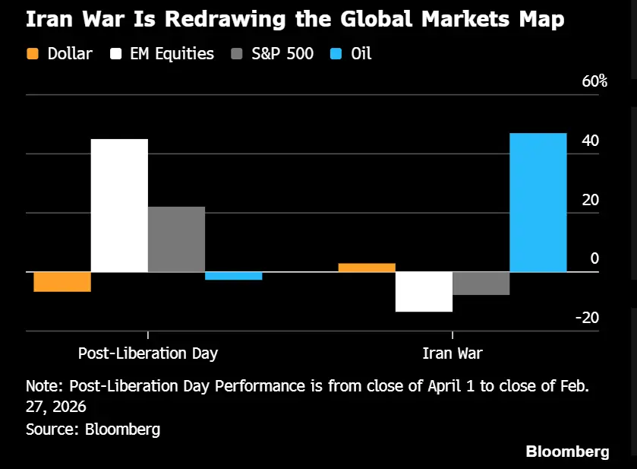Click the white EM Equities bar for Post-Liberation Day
tap(119, 205)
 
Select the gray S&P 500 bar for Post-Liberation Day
tap(176, 239)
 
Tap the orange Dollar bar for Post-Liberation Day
tap(62, 281)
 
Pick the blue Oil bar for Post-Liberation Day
tap(233, 276)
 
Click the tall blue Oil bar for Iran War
tap(538, 202)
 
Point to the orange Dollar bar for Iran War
tap(367, 268)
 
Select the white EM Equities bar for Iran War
tap(424, 291)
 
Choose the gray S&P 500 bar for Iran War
tap(481, 283)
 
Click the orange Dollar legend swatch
tap(33, 54)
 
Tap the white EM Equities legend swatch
tap(118, 54)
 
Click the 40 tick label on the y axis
tap(590, 141)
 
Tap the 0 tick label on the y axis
tap(594, 258)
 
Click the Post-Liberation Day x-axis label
tap(148, 353)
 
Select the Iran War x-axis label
tap(453, 353)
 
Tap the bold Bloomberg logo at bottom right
tap(567, 452)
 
